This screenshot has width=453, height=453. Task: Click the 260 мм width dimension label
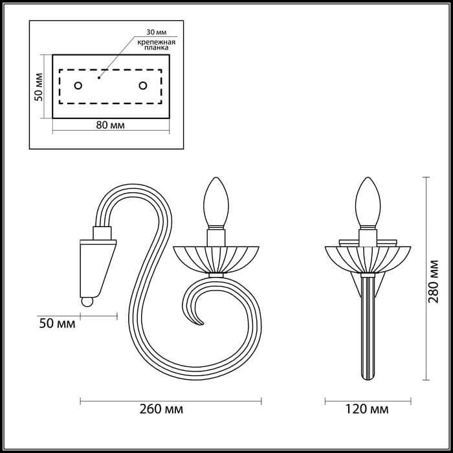(x=160, y=410)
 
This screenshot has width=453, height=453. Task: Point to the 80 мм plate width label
(x=110, y=125)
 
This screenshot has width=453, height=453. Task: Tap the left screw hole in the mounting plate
(x=78, y=85)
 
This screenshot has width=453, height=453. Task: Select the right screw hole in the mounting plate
(x=142, y=85)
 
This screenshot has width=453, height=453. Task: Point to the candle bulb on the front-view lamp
(x=368, y=200)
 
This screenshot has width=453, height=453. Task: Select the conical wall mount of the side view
(x=96, y=265)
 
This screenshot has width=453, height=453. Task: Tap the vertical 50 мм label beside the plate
(x=39, y=86)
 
